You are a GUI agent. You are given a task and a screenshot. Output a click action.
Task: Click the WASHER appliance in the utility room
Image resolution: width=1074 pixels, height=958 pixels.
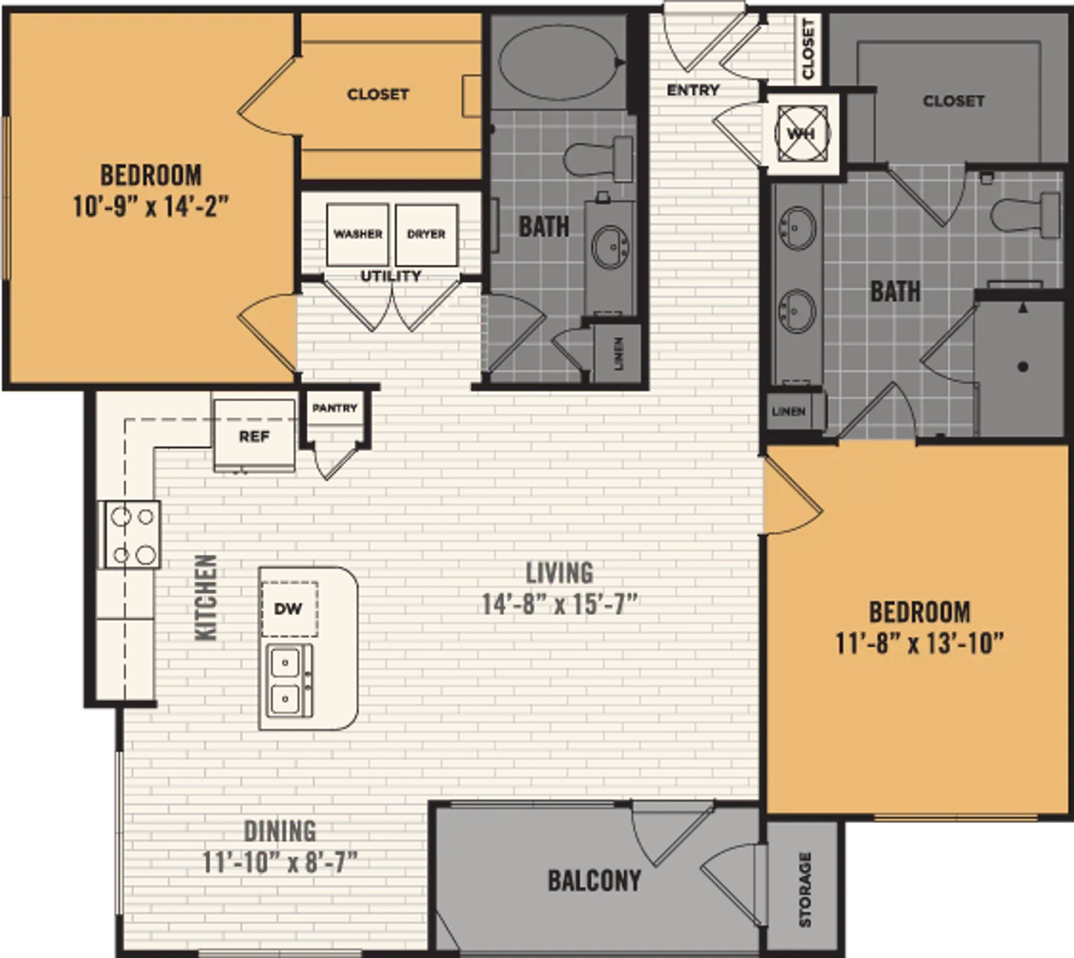tap(358, 234)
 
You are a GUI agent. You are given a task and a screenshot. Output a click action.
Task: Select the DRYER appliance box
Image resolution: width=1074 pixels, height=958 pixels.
tap(426, 234)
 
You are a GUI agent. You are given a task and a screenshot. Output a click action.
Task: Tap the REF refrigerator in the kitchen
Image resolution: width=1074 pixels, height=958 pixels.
tap(254, 436)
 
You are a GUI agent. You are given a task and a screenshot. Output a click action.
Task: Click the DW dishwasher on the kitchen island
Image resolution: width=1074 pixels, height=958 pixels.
tap(288, 609)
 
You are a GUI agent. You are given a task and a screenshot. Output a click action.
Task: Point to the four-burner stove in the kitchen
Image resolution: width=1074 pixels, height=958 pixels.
tap(131, 534)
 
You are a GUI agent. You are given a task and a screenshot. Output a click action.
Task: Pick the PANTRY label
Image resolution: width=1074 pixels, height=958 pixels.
tap(335, 408)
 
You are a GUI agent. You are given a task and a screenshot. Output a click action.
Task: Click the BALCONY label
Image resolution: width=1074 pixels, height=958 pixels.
tap(594, 881)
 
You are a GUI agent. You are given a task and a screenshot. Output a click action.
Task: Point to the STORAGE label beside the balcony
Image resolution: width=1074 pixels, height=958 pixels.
tap(804, 889)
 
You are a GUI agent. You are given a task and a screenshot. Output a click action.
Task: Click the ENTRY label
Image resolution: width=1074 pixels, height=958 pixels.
tap(693, 89)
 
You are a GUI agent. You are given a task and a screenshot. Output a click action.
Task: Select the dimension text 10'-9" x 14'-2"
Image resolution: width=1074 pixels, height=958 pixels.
tap(151, 207)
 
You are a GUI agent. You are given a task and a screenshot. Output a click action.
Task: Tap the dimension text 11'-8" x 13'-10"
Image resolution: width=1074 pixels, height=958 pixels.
tap(919, 643)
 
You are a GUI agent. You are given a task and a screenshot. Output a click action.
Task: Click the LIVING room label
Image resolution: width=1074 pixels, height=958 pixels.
tap(559, 572)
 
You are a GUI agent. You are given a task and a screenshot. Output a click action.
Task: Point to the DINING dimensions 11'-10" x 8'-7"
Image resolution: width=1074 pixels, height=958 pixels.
tap(279, 863)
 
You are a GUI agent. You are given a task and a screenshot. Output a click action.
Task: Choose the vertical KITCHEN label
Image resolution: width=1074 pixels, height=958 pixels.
tap(206, 596)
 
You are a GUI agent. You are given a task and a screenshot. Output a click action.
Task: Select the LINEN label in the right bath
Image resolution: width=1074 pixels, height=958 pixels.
tap(788, 411)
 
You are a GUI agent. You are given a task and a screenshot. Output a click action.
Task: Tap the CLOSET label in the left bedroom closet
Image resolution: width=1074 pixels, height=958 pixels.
tap(378, 94)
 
